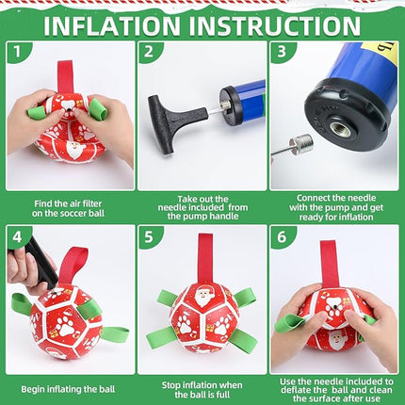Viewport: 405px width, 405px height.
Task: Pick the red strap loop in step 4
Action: click(x=73, y=264)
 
